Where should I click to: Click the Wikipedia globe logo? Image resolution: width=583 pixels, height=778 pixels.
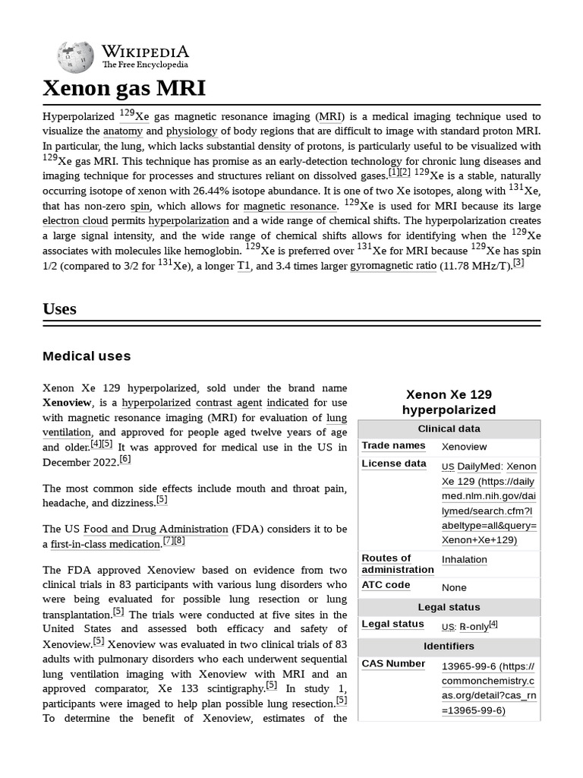(x=76, y=57)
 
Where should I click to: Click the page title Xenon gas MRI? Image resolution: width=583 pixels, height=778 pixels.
(x=124, y=88)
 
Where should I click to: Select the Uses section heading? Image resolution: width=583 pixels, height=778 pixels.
(x=59, y=308)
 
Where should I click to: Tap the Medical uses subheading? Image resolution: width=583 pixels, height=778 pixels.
(x=87, y=356)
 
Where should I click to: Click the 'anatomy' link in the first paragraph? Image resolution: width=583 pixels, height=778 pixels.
(x=122, y=131)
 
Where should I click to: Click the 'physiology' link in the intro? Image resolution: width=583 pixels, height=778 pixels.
(x=191, y=131)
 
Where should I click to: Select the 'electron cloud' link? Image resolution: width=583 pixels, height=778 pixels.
(x=75, y=221)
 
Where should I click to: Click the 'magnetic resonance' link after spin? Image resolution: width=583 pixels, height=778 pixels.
(x=290, y=206)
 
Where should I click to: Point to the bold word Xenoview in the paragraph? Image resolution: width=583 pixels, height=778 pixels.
(x=67, y=403)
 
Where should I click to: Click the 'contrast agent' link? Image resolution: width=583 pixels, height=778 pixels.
(x=228, y=403)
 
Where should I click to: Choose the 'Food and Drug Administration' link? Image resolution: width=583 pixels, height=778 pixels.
(x=156, y=529)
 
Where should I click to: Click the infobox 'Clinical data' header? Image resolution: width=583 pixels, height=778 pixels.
(x=449, y=429)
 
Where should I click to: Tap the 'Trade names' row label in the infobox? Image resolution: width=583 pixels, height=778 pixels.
(x=393, y=446)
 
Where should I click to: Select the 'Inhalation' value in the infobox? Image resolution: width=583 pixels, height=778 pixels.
(x=464, y=559)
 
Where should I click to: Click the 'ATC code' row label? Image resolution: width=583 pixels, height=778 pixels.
(x=386, y=585)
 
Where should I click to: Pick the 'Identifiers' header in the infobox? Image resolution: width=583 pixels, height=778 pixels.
(x=449, y=646)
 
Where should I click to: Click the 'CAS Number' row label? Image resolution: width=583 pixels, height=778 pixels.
(x=393, y=663)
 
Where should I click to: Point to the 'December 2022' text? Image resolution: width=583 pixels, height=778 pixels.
(x=79, y=462)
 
